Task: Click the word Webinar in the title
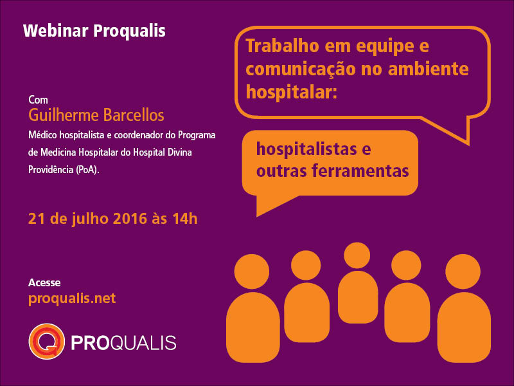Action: (x=56, y=31)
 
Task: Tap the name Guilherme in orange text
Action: (x=64, y=115)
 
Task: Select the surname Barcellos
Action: (x=134, y=115)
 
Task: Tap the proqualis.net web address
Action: (x=72, y=299)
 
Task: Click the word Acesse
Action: (x=44, y=282)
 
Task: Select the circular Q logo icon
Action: (x=46, y=342)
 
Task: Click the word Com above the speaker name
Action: (x=38, y=100)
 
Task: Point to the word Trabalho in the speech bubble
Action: (x=282, y=46)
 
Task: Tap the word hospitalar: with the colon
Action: (x=292, y=92)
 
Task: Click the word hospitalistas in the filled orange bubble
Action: (x=306, y=149)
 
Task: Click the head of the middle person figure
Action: (x=357, y=255)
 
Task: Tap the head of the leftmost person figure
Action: (x=252, y=271)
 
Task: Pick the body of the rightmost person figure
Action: (x=464, y=327)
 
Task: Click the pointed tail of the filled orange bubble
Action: (x=257, y=216)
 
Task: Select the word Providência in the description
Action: (x=51, y=169)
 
